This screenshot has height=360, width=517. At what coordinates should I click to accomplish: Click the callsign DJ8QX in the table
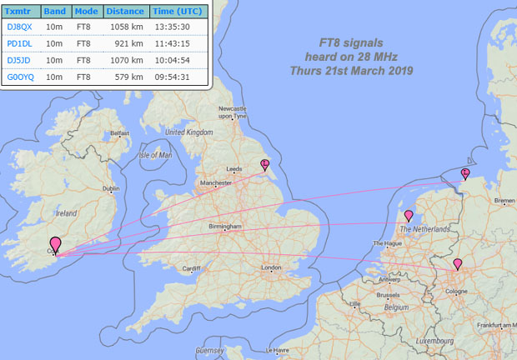coord(19,27)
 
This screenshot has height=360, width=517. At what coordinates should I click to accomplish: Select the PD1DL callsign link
coord(19,43)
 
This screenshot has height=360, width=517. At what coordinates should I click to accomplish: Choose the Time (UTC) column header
coord(178,11)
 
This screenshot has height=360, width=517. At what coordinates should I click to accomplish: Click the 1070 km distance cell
coord(127,60)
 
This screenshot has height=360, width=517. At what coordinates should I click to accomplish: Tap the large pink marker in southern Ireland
coord(56,245)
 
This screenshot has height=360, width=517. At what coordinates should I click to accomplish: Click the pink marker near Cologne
coord(457,265)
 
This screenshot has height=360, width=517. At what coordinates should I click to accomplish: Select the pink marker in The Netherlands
coord(408,216)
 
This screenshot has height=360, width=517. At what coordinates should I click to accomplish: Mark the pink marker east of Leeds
coord(264,164)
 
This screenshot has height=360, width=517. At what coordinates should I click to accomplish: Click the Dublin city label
coord(111,189)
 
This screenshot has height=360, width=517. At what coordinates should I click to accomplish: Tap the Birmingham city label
coord(225,227)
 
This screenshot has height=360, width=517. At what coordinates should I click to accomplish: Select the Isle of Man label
coord(155,155)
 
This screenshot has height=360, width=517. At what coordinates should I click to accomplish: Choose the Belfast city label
coord(120,132)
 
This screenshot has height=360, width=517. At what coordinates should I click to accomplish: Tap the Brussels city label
coord(388,295)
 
